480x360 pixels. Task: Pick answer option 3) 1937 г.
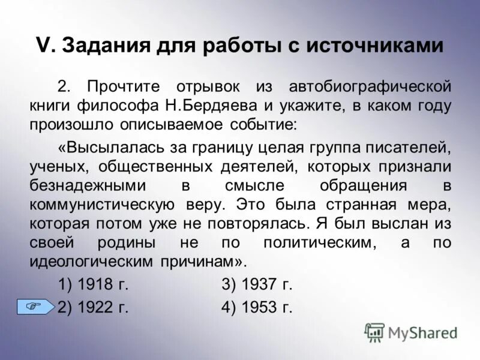257,284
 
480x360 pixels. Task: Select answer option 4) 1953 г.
257,307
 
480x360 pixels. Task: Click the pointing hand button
35,307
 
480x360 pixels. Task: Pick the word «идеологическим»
95,263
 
